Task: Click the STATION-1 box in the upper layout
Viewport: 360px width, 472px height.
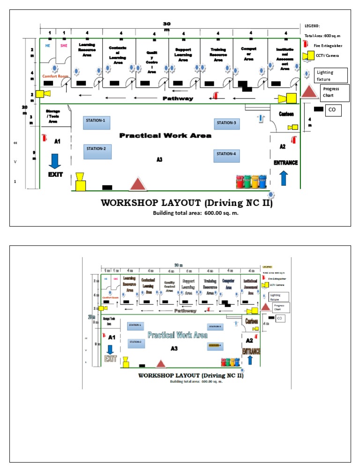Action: click(x=97, y=123)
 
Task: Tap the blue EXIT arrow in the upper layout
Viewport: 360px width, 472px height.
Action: click(x=54, y=161)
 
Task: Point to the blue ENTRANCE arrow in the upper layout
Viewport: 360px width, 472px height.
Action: click(x=284, y=178)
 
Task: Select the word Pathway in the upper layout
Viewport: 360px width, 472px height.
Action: click(x=178, y=99)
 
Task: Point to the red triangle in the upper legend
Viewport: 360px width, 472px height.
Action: click(x=309, y=91)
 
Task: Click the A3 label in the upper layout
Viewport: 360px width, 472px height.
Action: click(x=159, y=160)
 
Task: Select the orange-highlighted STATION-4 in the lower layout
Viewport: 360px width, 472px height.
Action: click(x=215, y=345)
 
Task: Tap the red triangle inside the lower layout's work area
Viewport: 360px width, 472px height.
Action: click(x=161, y=363)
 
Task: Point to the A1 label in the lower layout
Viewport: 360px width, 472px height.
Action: click(x=111, y=337)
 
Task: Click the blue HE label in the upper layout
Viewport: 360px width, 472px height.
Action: click(x=47, y=46)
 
